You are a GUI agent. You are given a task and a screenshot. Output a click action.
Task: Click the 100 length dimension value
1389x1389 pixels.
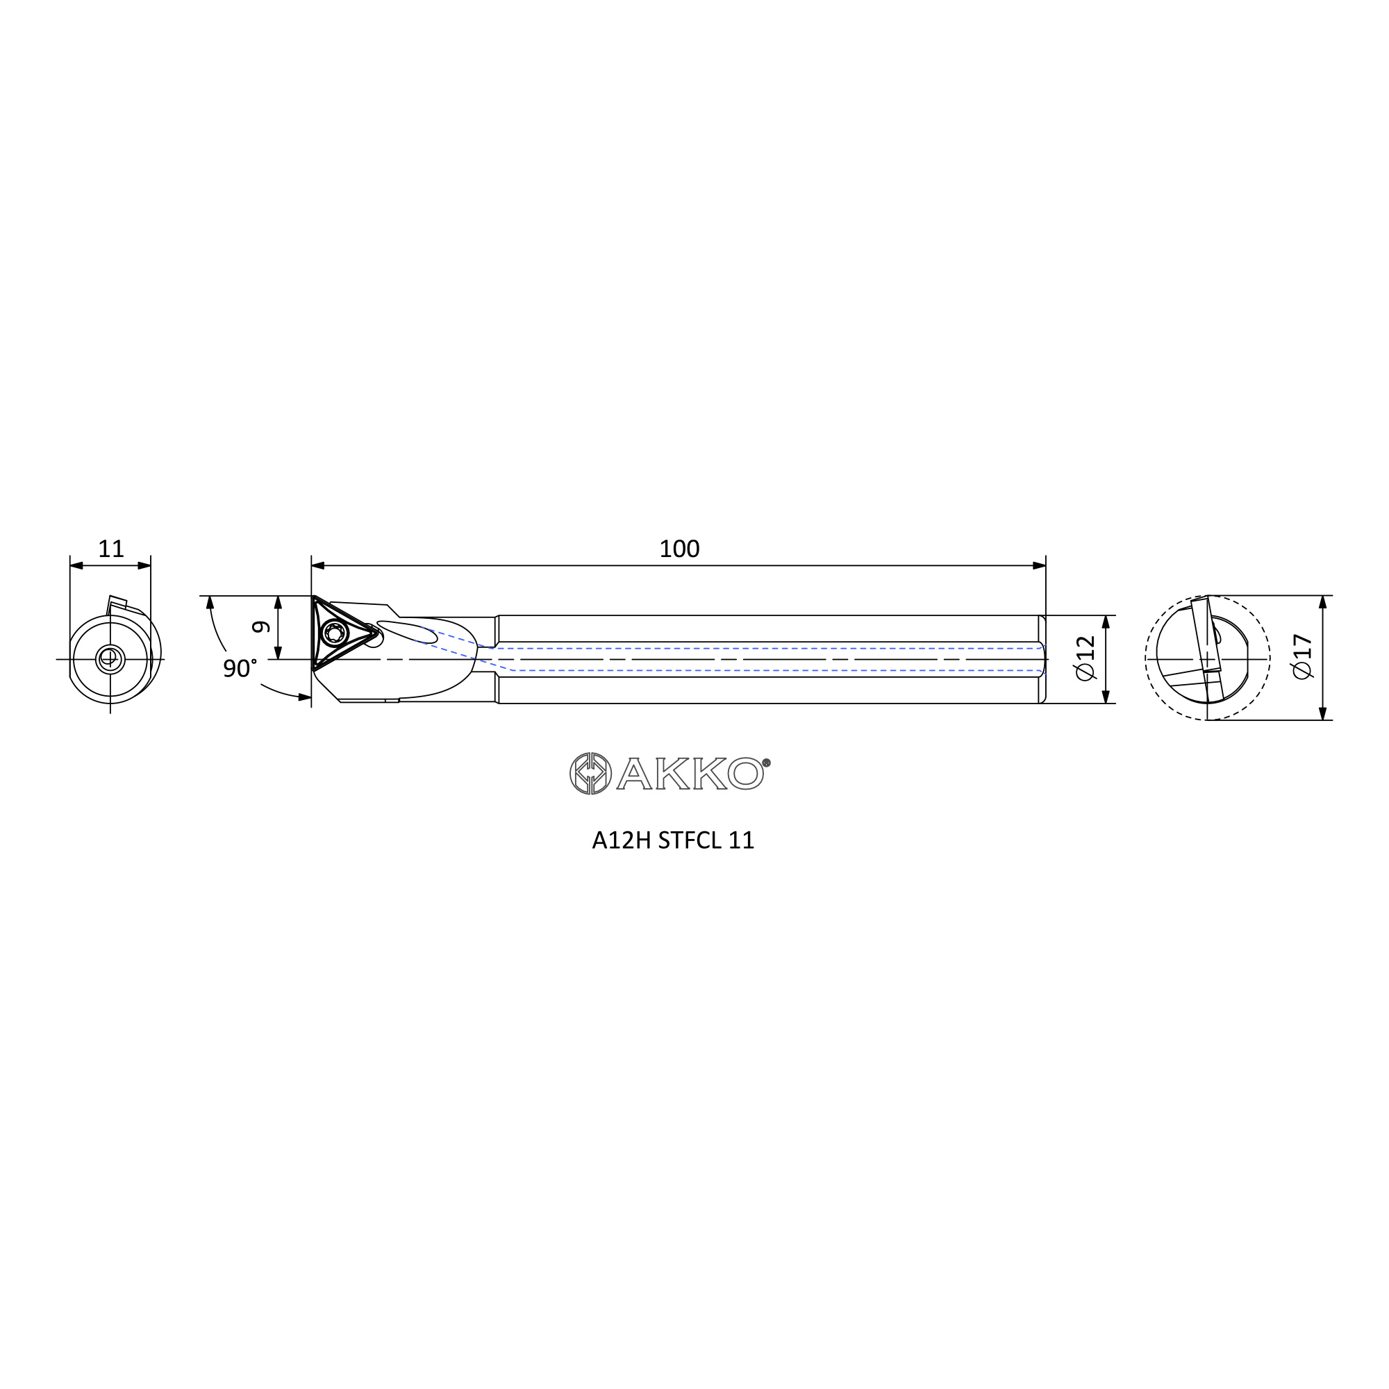click(x=679, y=549)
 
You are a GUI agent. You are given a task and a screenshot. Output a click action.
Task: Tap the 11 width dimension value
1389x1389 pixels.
click(x=110, y=549)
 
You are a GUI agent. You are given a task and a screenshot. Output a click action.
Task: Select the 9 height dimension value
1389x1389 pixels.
click(x=262, y=627)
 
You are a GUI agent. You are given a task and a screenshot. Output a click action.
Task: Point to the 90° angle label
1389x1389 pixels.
click(x=240, y=669)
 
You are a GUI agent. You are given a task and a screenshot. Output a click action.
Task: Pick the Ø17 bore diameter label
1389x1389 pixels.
click(x=1302, y=656)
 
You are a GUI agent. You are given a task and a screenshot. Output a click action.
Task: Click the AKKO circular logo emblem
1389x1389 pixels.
click(x=590, y=774)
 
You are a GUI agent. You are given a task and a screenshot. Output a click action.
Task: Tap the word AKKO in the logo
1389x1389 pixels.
click(x=690, y=774)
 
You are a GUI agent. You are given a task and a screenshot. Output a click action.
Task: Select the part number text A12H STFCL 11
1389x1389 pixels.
click(x=673, y=840)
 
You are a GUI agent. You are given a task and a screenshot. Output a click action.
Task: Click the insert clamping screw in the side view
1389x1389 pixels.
click(x=333, y=633)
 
